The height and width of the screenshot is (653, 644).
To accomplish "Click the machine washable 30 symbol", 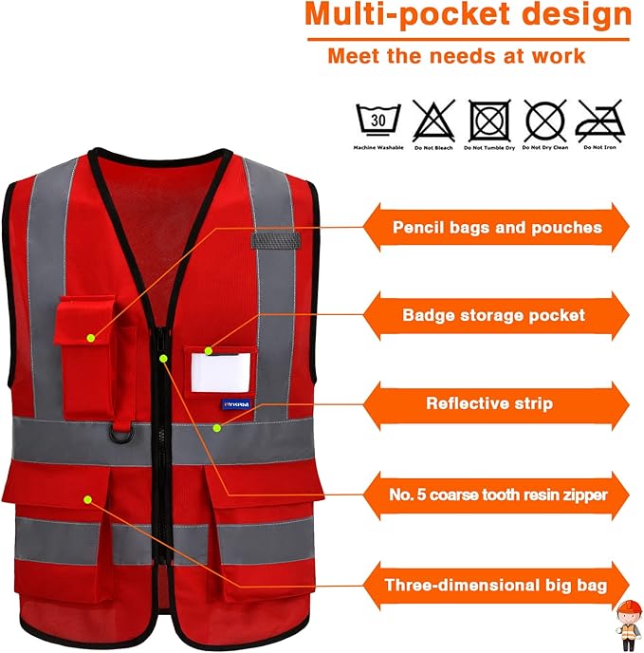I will (378, 121).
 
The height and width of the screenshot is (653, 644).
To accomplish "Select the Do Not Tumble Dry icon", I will (488, 121).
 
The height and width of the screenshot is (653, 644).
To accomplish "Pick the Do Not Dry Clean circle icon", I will (544, 121).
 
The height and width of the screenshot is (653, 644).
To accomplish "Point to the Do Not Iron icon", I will (600, 121).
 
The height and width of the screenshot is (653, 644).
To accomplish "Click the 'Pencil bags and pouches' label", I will (497, 228).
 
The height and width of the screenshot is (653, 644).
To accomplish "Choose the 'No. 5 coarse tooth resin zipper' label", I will (497, 494).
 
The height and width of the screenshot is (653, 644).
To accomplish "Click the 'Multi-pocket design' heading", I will (468, 15).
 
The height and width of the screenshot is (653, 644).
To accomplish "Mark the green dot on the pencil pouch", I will (91, 336).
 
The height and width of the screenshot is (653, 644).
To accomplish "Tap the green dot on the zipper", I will (164, 358).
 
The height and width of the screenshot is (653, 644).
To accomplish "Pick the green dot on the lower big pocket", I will (88, 497).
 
